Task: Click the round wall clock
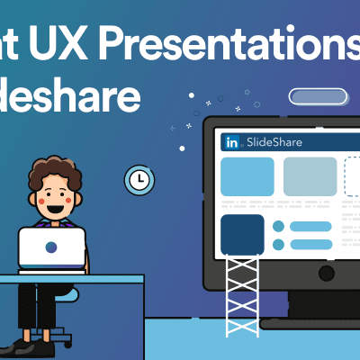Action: point(139,180)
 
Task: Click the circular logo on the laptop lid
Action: point(52,247)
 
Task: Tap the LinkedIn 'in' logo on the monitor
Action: point(231,142)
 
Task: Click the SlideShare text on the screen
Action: point(274,142)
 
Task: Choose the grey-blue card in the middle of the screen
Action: point(310,176)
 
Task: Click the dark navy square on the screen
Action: point(242,234)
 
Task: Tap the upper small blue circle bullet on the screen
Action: point(279,226)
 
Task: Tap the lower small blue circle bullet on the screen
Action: point(279,244)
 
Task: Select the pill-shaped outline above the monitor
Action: point(316,97)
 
